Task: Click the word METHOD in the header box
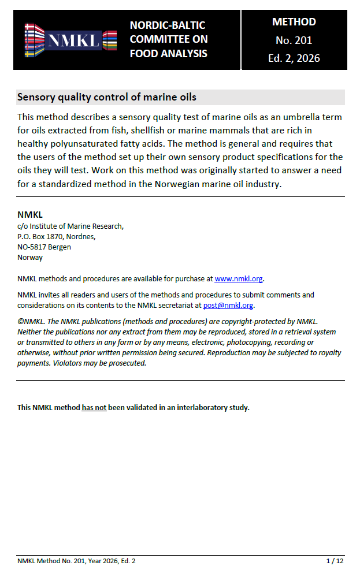[294, 22]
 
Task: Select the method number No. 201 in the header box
[294, 40]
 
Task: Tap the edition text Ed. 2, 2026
[294, 58]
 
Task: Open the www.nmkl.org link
[239, 279]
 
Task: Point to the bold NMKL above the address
[30, 215]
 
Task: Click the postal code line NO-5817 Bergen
[44, 247]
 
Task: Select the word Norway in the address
[30, 258]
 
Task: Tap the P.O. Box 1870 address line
[56, 236]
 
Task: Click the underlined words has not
[94, 407]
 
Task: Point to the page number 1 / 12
[335, 561]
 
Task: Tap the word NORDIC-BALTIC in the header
[168, 25]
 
